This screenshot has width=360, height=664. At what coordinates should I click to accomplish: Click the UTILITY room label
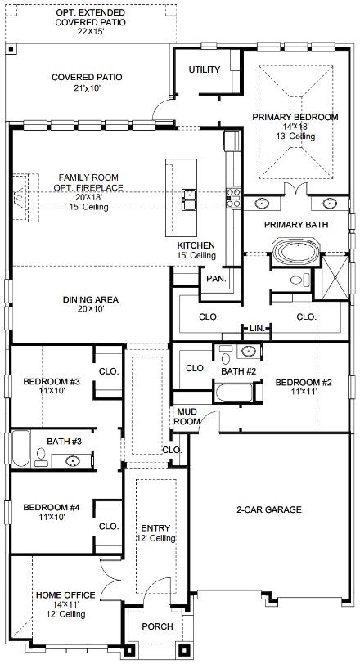click(x=205, y=70)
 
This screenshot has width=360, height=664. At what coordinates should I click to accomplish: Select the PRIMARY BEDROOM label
click(x=295, y=117)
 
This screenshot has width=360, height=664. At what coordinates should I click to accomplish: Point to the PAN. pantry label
click(x=216, y=279)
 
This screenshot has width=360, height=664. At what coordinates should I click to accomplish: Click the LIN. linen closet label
click(x=257, y=328)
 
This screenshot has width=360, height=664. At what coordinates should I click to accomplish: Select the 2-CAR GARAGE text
click(x=269, y=509)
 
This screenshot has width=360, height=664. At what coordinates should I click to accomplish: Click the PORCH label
click(x=157, y=626)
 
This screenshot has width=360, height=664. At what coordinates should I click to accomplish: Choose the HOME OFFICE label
click(x=65, y=594)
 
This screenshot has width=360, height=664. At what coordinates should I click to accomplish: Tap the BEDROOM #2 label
click(x=303, y=383)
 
